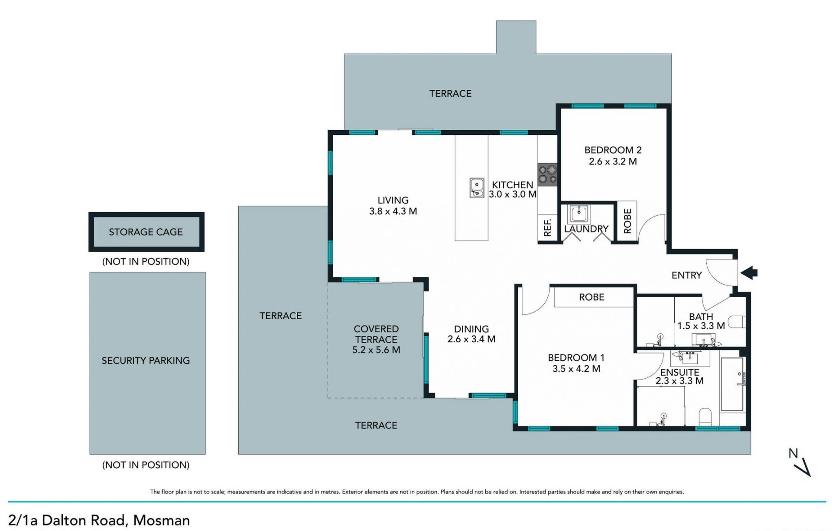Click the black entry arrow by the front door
(749, 273)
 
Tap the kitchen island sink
(477, 187)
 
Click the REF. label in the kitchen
(547, 227)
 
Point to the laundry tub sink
(578, 213)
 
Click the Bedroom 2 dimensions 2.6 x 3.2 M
(613, 161)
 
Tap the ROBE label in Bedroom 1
(591, 297)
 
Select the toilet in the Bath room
(736, 322)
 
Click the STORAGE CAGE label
(146, 232)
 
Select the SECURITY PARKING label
(146, 361)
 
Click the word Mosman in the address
(162, 520)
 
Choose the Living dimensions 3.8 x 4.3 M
(393, 211)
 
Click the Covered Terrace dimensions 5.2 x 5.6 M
(376, 350)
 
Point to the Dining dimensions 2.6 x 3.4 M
(471, 339)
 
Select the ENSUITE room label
(679, 372)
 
